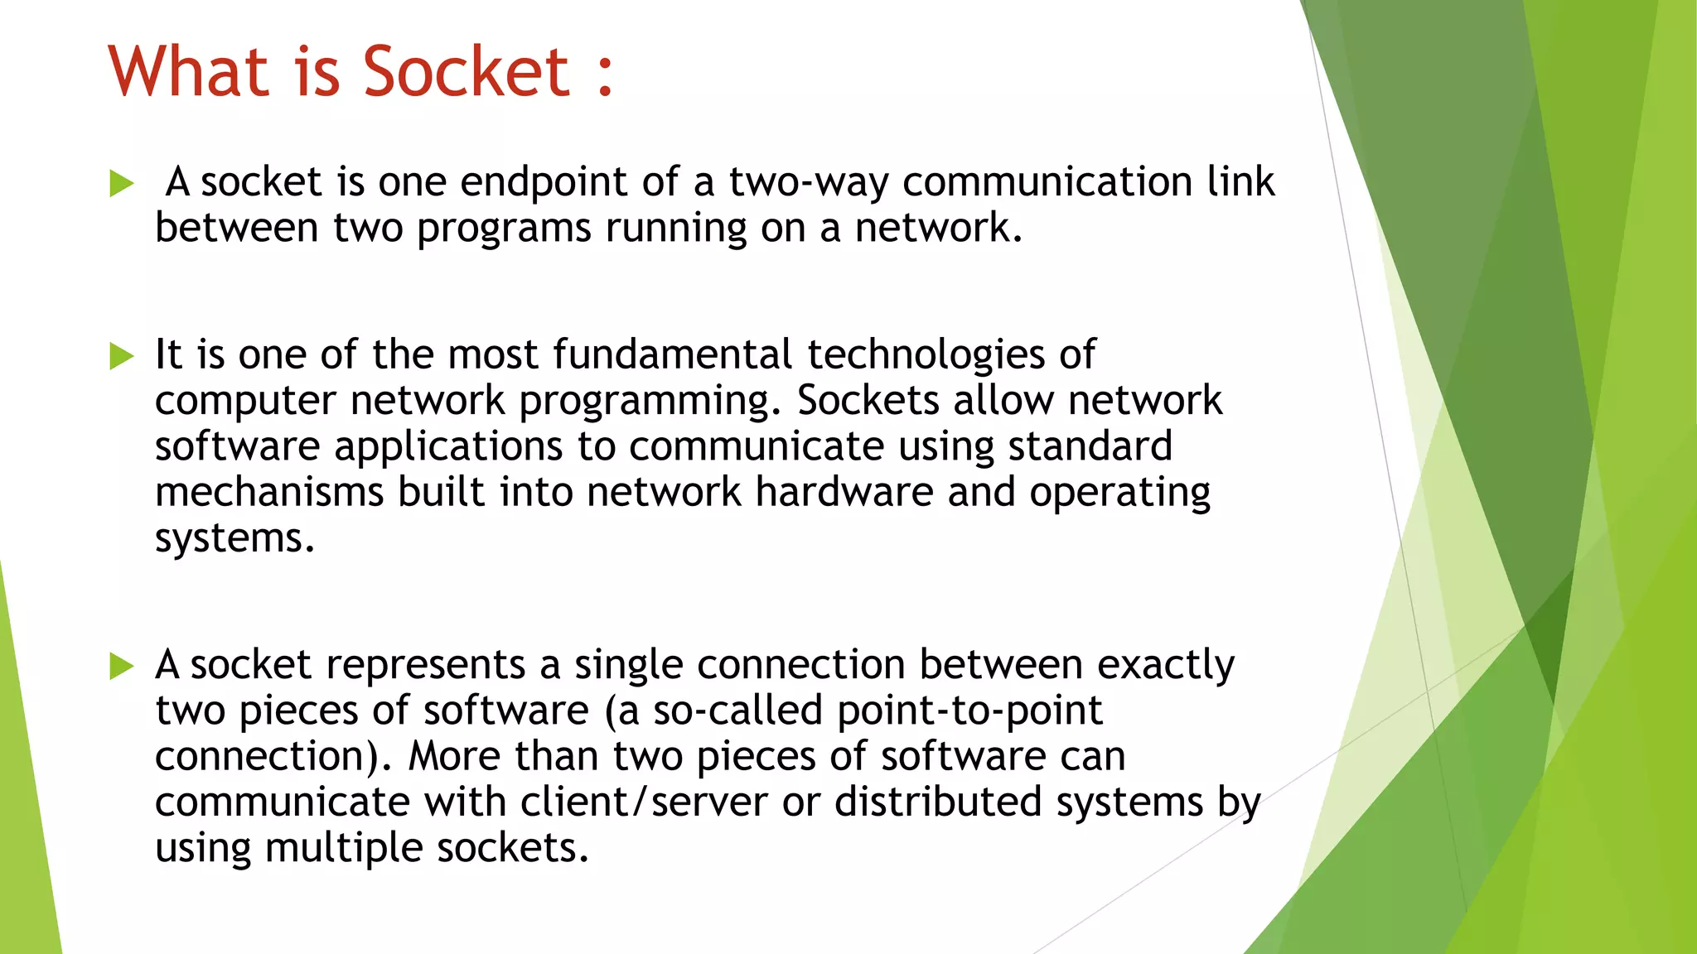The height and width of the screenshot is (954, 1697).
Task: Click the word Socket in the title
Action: point(467,72)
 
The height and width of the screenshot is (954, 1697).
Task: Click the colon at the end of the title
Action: point(605,75)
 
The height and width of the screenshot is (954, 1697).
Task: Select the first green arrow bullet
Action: point(121,183)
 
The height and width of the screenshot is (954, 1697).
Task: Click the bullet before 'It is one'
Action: point(121,356)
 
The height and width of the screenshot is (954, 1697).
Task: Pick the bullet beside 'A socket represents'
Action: point(121,666)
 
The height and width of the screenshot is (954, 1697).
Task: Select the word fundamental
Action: point(673,354)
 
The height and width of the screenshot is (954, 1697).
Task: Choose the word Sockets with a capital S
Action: point(868,401)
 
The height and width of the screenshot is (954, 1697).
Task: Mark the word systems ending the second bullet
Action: point(234,540)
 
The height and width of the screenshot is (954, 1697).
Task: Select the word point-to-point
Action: point(969,711)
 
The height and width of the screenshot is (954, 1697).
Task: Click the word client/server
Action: point(644,802)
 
